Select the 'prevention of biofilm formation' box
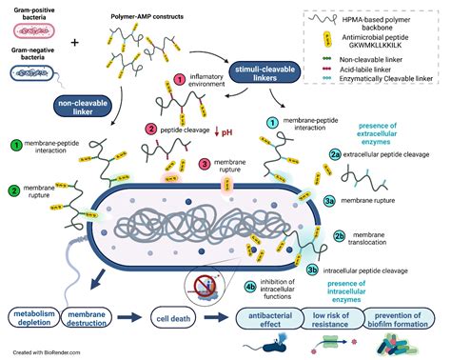coord(405,317)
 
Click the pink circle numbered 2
coord(150,129)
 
